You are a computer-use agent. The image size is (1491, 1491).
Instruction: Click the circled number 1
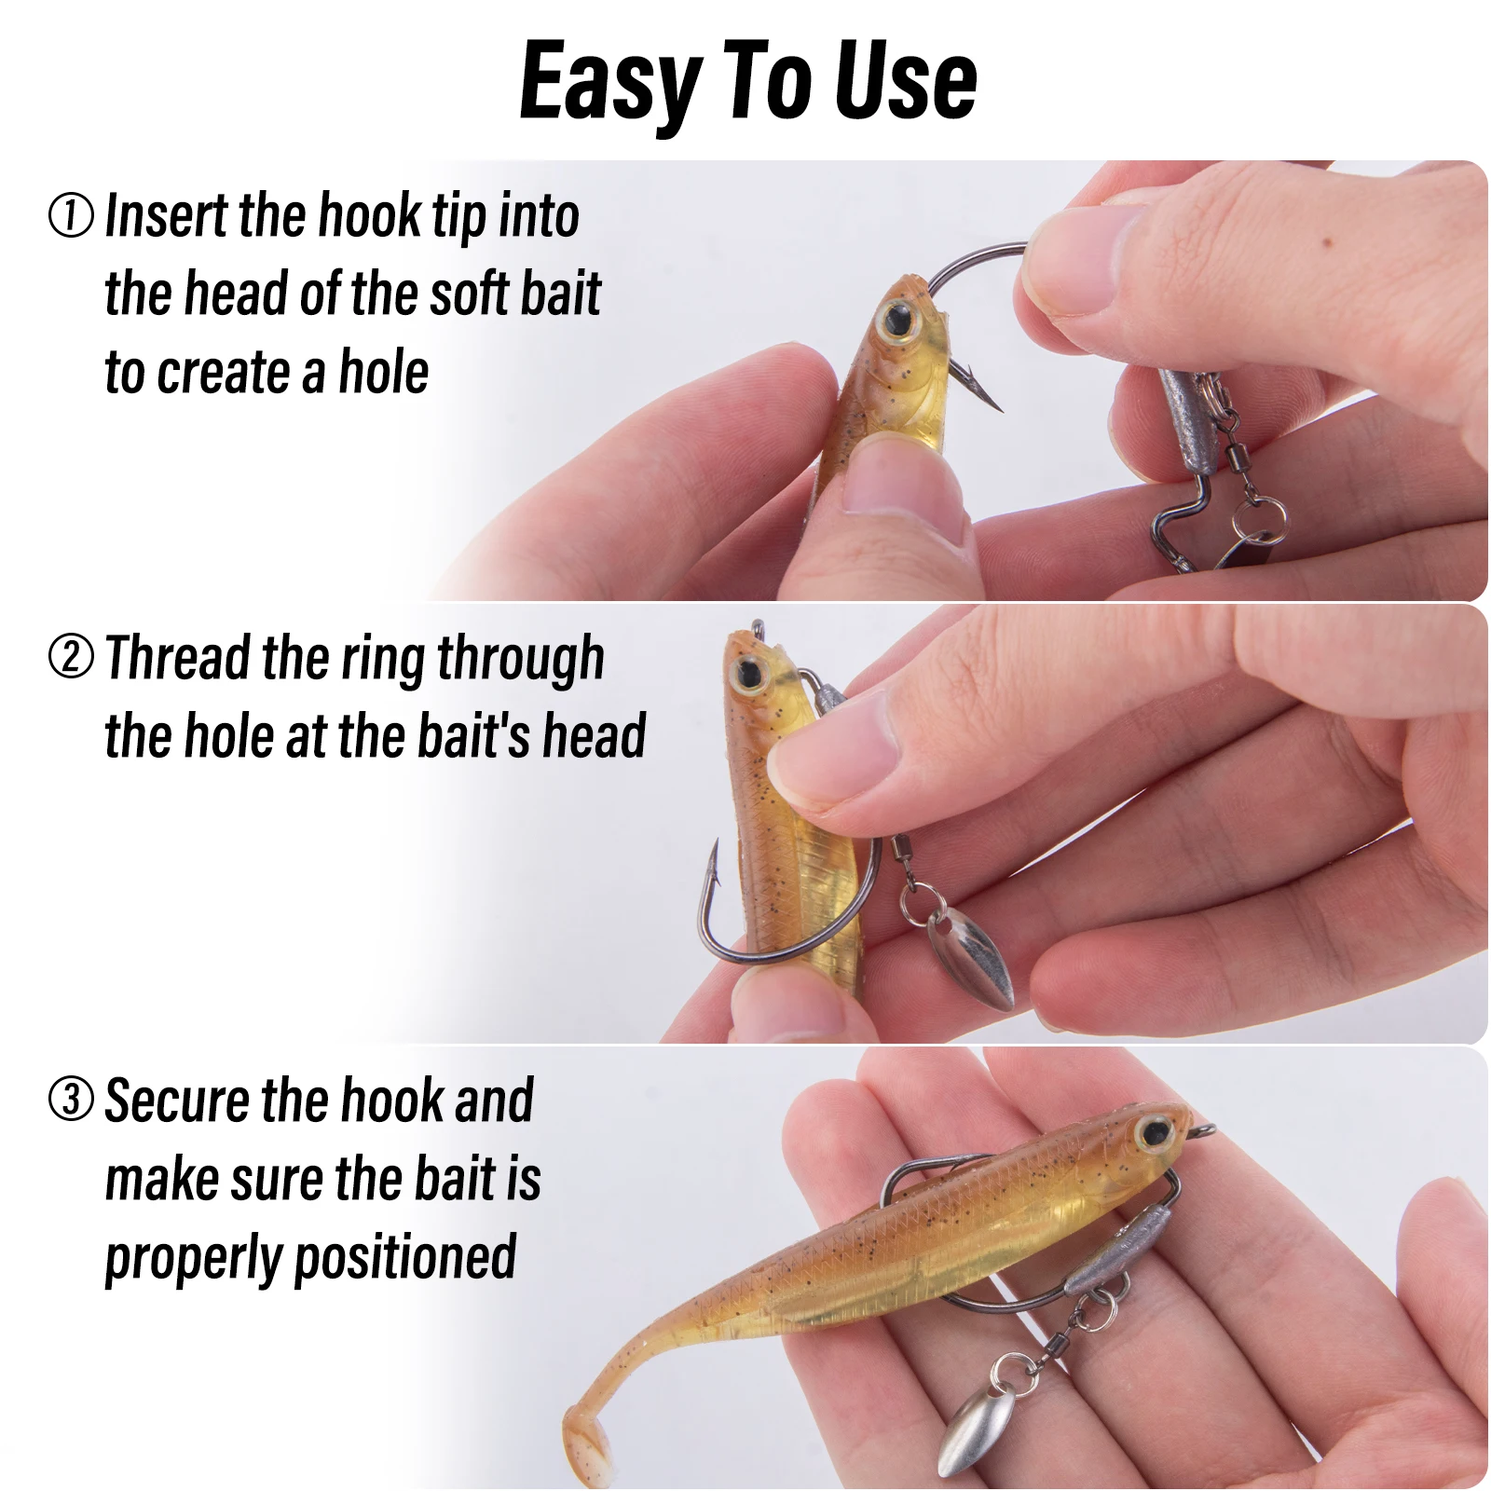coord(71,215)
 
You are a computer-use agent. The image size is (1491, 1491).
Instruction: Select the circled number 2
coord(71,657)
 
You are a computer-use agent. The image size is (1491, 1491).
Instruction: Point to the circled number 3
coord(71,1099)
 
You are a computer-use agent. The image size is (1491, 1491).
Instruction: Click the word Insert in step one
coord(167,216)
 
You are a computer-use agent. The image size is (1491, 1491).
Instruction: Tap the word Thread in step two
coord(177,657)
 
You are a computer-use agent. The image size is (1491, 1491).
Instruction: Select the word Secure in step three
coord(177,1101)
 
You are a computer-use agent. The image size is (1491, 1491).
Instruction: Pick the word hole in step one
coord(383,372)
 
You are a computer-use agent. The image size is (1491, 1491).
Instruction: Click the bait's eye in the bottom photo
coord(1154,1133)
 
